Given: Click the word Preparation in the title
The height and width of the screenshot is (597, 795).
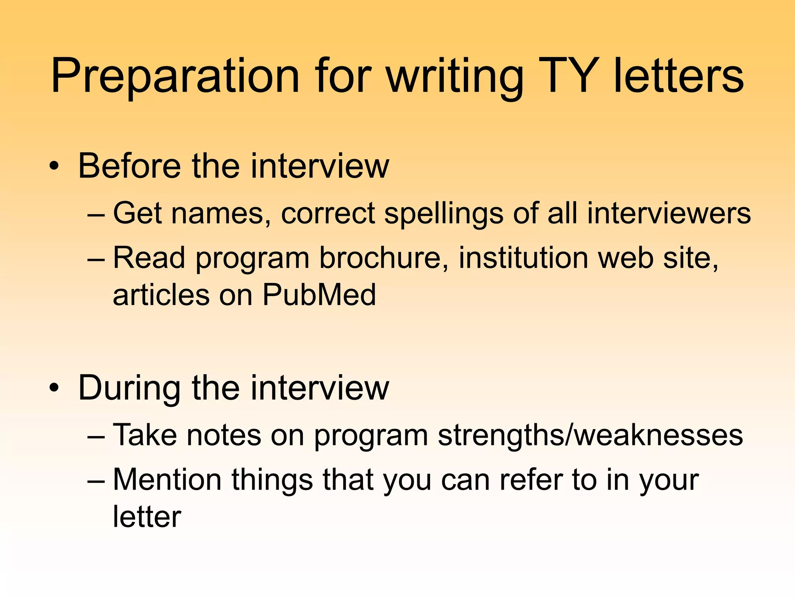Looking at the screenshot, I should (x=175, y=76).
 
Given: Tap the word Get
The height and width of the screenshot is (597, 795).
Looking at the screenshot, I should (x=137, y=213).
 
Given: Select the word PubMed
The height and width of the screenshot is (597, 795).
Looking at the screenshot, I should (x=319, y=295).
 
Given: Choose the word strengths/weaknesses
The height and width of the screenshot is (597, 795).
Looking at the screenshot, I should (x=590, y=436).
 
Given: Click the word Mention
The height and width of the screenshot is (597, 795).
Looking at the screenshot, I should (x=167, y=480).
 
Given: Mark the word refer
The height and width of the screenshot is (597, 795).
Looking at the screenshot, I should (x=531, y=480).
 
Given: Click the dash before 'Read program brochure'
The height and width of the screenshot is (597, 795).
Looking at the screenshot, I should (x=96, y=258).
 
